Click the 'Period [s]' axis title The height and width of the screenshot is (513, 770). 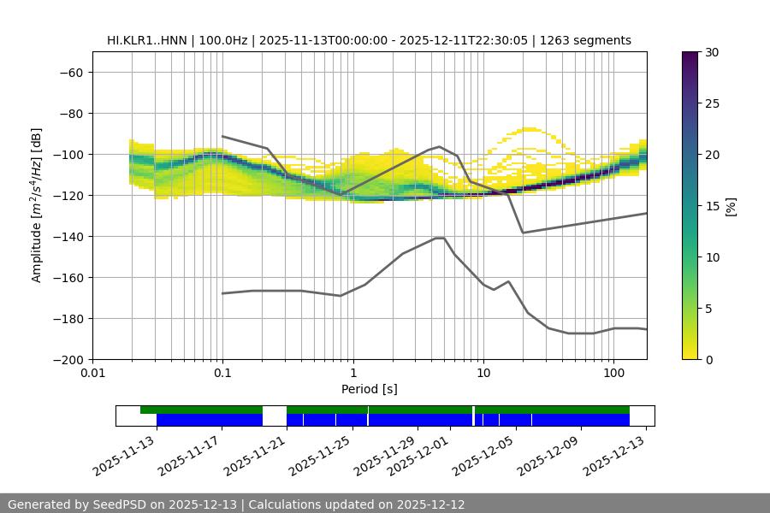[370, 389]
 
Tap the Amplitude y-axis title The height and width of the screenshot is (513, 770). [37, 205]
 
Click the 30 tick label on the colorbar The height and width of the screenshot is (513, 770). [711, 52]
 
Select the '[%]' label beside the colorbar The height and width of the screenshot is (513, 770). [731, 206]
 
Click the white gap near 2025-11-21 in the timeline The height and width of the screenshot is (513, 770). [274, 416]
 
